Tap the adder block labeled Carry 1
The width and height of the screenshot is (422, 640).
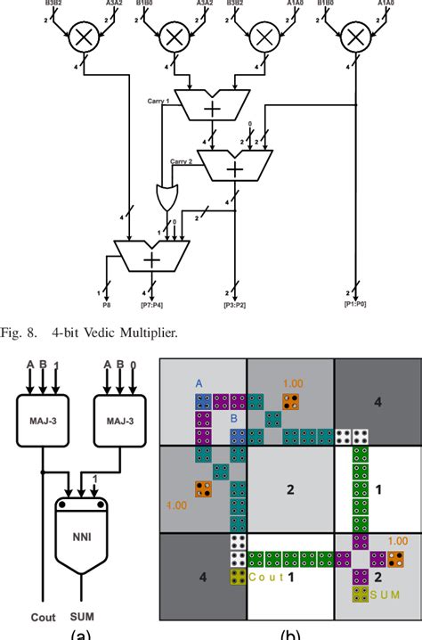click(x=213, y=106)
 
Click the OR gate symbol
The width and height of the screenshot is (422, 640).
click(x=166, y=195)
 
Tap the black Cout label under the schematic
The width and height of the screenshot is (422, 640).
click(x=45, y=615)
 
